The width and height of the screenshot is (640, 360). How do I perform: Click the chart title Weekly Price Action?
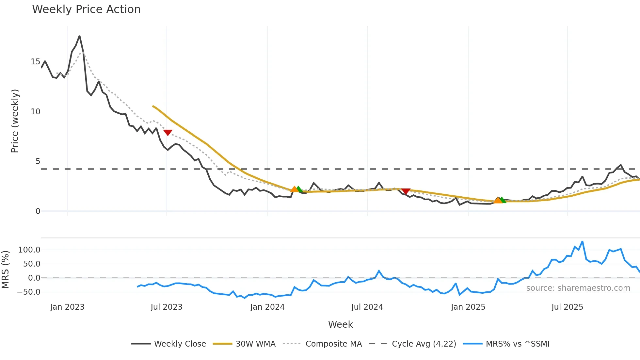pyautogui.click(x=86, y=9)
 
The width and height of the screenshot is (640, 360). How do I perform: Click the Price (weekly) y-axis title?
pyautogui.click(x=15, y=121)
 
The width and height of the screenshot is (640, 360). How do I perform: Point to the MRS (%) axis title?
pyautogui.click(x=5, y=270)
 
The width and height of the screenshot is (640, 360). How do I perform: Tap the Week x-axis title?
pyautogui.click(x=340, y=324)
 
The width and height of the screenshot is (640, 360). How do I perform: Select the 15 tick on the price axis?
pyautogui.click(x=35, y=62)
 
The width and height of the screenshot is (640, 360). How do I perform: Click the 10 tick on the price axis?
pyautogui.click(x=35, y=112)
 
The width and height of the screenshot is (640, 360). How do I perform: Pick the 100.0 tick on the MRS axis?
pyautogui.click(x=29, y=250)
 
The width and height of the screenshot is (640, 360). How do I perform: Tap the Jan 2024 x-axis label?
pyautogui.click(x=267, y=307)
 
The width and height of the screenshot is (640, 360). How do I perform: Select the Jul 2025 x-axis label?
pyautogui.click(x=567, y=307)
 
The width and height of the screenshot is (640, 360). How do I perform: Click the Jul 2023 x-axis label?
pyautogui.click(x=167, y=307)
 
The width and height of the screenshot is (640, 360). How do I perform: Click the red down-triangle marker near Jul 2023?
pyautogui.click(x=168, y=132)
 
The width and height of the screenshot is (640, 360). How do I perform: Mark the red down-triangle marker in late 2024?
pyautogui.click(x=406, y=191)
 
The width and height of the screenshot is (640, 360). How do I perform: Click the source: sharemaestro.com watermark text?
pyautogui.click(x=578, y=288)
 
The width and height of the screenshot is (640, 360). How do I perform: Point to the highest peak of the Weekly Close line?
pyautogui.click(x=79, y=36)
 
